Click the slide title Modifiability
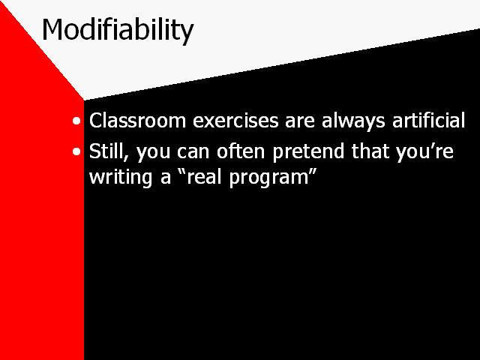coord(118,31)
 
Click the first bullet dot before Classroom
coord(78,121)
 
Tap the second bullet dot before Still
coord(78,151)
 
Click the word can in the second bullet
coord(194,152)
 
